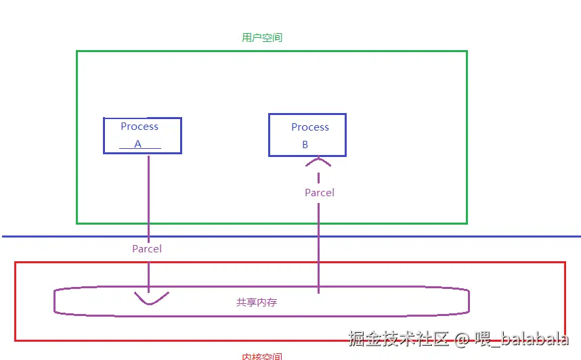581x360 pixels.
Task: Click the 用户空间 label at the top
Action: [x=262, y=38]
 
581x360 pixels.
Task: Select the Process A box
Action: [x=142, y=135]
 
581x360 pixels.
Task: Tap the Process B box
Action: [x=307, y=135]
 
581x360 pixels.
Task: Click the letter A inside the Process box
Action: [x=138, y=144]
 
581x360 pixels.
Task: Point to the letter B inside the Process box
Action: [x=305, y=145]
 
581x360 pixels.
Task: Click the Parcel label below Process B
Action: [x=320, y=193]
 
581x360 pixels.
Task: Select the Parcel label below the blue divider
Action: [x=147, y=249]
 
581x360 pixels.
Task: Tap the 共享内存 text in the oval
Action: [x=257, y=302]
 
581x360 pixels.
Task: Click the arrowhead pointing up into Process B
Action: [x=318, y=161]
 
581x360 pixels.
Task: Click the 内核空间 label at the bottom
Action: [x=262, y=356]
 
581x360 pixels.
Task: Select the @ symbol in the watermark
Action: [x=462, y=339]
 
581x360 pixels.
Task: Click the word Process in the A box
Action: [x=139, y=127]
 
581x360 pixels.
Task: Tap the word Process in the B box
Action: [x=310, y=127]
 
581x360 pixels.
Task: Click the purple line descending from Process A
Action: [x=148, y=203]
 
